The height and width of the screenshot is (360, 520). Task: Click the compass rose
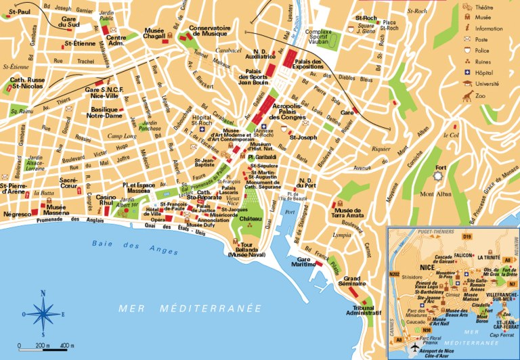click(x=43, y=313)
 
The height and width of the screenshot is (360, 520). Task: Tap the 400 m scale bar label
click(x=66, y=346)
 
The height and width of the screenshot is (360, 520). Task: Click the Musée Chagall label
click(x=159, y=34)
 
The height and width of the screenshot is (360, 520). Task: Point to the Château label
click(x=250, y=220)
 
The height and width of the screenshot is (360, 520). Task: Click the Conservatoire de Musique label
click(x=209, y=31)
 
